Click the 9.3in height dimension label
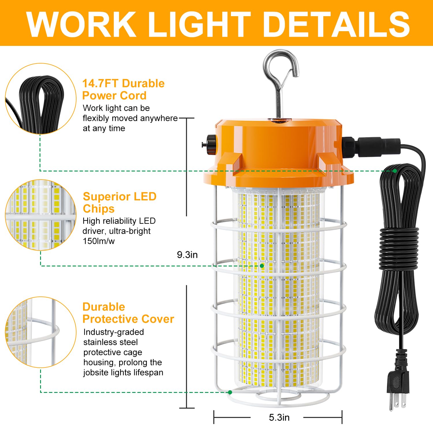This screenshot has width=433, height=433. (x=187, y=255)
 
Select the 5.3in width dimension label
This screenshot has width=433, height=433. (x=279, y=417)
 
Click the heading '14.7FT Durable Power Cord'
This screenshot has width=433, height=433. (x=123, y=89)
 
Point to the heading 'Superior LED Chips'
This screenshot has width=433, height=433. (x=120, y=202)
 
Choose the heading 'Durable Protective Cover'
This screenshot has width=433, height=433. (x=128, y=313)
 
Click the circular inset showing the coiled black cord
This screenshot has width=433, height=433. (x=40, y=99)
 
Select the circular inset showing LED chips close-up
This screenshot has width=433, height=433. (x=40, y=215)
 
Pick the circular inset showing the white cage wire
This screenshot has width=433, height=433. (x=40, y=332)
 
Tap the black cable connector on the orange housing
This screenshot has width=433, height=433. (x=372, y=147)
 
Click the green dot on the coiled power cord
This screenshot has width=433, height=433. (x=395, y=171)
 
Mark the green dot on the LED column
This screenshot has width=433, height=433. (x=262, y=266)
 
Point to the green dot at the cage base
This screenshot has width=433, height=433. (x=230, y=392)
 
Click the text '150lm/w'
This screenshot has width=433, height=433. (x=99, y=241)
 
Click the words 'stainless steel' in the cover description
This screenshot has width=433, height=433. (x=111, y=342)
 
